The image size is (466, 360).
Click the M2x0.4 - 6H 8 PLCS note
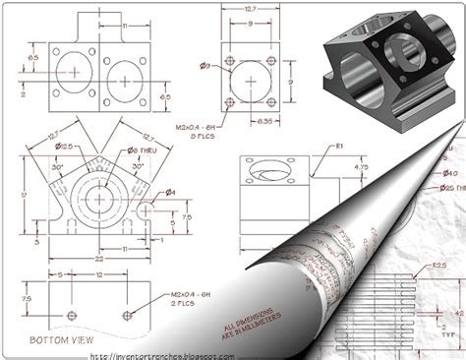[195, 132]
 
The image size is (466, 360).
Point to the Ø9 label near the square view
[204, 66]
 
